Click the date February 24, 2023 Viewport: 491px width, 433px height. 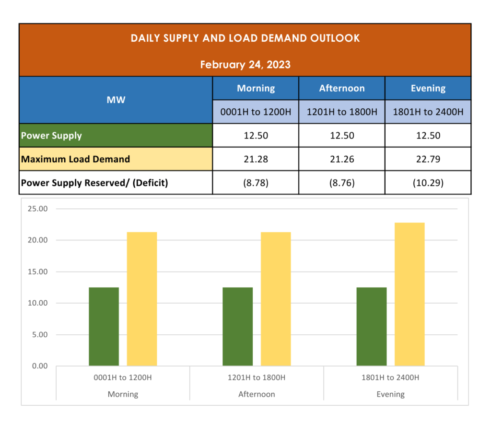coord(245,64)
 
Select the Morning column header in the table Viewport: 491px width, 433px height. coord(256,88)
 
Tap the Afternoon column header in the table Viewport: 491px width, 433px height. coord(342,88)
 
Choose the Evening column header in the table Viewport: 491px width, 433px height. coord(428,88)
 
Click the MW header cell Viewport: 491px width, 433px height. coord(116,100)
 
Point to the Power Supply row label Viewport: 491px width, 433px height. coord(51,136)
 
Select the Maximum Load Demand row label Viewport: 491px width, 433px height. coord(75,159)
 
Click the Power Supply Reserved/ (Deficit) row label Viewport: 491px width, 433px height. coord(94,182)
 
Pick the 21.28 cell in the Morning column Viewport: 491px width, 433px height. coord(256,159)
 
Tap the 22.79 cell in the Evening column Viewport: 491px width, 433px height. coord(428,159)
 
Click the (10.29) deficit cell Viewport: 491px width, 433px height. coord(428,182)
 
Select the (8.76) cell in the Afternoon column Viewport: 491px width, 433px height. coord(342,182)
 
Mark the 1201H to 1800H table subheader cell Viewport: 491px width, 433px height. coord(342,112)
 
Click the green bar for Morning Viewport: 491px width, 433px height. coord(104,327)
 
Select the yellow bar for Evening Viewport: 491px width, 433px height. coord(409,294)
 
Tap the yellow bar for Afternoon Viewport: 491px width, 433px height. coord(276,299)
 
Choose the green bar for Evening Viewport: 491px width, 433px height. coord(372,327)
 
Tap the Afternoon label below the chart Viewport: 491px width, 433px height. coord(257,394)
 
